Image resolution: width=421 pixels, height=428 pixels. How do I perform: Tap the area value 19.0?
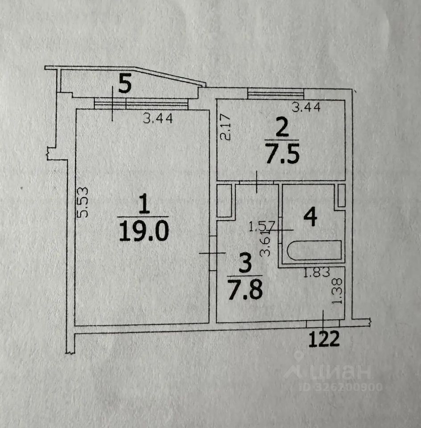coord(144,232)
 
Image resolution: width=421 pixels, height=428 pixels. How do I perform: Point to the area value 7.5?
coord(281,155)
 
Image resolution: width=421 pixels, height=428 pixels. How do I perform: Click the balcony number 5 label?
coord(125,84)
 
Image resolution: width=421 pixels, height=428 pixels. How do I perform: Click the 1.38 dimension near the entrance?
coord(338,291)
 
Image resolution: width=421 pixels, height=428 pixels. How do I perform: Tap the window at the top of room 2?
coord(276,93)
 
